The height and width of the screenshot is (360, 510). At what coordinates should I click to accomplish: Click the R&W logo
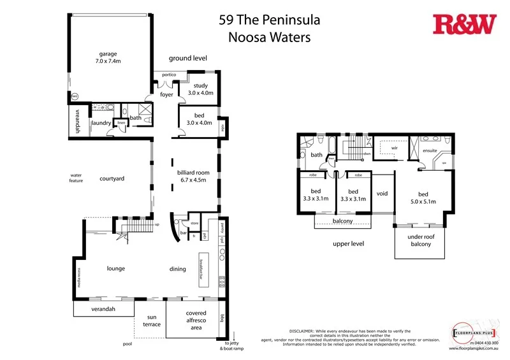click(x=464, y=24)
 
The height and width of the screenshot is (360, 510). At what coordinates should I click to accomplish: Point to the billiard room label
click(x=193, y=176)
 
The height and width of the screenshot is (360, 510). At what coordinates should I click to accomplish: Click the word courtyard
click(x=112, y=179)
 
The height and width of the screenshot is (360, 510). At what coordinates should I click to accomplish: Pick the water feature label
click(x=76, y=178)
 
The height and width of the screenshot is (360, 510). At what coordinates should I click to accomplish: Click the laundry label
click(x=101, y=123)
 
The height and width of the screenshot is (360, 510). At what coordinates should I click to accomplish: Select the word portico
click(x=168, y=75)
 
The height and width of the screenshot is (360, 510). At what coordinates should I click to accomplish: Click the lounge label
click(x=116, y=268)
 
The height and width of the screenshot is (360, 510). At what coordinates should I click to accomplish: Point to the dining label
click(x=177, y=269)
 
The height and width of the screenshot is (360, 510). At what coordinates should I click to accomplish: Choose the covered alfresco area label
click(x=196, y=320)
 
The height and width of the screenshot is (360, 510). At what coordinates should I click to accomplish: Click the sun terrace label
click(x=152, y=320)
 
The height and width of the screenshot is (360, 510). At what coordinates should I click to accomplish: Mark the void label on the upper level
click(x=382, y=194)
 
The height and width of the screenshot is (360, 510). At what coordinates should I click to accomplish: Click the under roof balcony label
click(x=420, y=240)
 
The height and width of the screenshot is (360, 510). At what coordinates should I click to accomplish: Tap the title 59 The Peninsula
click(x=270, y=20)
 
